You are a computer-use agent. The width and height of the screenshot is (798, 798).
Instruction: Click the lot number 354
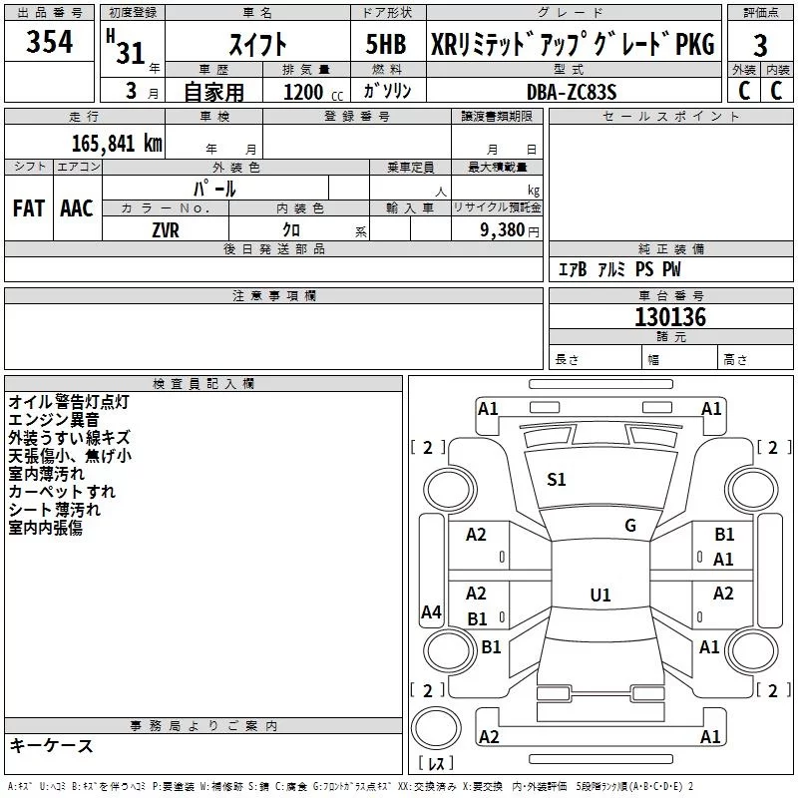tap(50, 43)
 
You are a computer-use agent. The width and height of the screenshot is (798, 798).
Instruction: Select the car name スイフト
tap(258, 44)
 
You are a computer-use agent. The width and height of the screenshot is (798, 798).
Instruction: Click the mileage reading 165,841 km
tap(118, 143)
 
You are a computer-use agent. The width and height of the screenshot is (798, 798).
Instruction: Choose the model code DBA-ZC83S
tap(573, 91)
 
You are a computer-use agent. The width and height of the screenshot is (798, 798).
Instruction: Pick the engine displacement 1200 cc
tap(306, 92)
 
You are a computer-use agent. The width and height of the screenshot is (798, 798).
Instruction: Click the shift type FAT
tap(28, 207)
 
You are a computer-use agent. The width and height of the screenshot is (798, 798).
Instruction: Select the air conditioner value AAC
tap(77, 207)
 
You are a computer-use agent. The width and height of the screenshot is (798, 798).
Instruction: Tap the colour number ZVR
tap(166, 228)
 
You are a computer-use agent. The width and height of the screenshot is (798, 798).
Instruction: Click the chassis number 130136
tap(670, 317)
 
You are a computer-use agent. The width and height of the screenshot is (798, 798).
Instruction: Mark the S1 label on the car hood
tap(557, 480)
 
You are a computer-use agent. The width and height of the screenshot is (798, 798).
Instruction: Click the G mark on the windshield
tap(629, 526)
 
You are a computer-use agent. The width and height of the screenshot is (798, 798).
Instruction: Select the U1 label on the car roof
tap(599, 595)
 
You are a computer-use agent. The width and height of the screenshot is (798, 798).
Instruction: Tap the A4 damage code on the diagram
tap(431, 613)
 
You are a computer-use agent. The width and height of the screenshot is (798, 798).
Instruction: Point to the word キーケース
tap(51, 745)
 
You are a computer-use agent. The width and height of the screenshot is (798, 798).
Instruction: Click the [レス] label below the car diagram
tap(435, 764)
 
